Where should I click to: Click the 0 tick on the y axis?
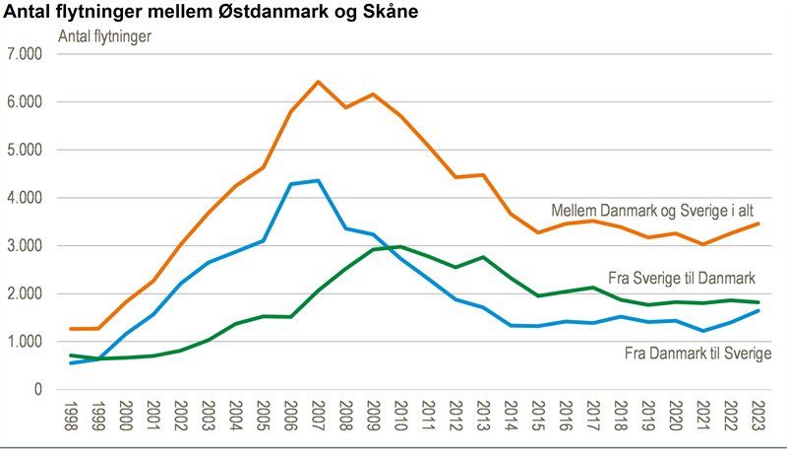pyautogui.click(x=36, y=390)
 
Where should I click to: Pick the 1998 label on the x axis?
pyautogui.click(x=70, y=418)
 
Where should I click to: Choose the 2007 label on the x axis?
pyautogui.click(x=317, y=418)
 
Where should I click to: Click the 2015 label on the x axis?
pyautogui.click(x=537, y=418)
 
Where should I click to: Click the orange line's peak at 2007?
pyautogui.click(x=317, y=82)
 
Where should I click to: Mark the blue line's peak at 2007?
pyautogui.click(x=317, y=180)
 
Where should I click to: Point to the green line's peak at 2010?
pyautogui.click(x=399, y=246)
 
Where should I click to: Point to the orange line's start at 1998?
pyautogui.click(x=70, y=329)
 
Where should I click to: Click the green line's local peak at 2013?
pyautogui.click(x=482, y=257)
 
